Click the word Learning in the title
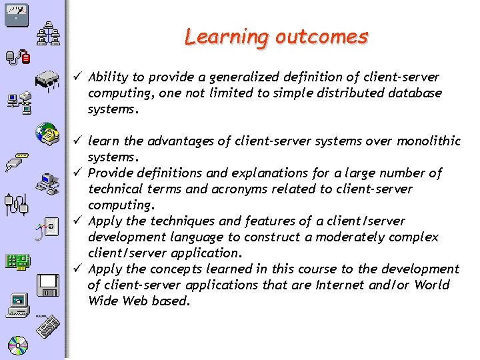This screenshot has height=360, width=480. (227, 37)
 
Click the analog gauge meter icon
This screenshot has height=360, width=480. (16, 14)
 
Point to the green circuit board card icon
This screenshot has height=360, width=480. (17, 261)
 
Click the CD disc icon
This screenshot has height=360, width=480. (18, 345)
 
